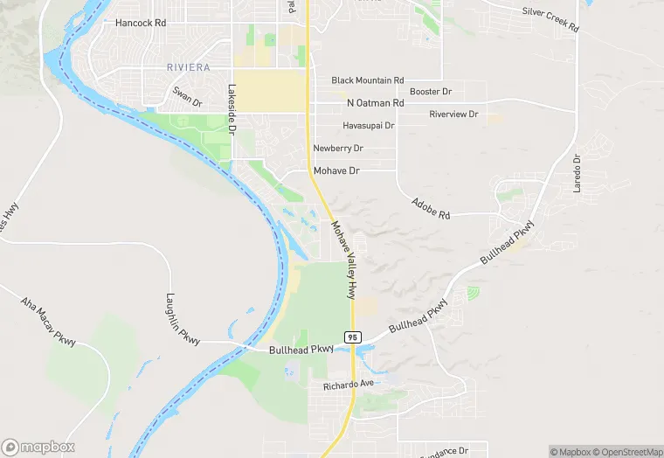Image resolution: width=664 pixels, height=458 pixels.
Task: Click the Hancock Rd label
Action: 140,23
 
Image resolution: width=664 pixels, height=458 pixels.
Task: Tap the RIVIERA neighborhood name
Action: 188,66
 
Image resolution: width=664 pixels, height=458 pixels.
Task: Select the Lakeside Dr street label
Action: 232,108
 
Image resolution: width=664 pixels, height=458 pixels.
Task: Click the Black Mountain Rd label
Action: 367,80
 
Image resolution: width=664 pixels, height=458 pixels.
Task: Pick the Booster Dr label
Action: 430,92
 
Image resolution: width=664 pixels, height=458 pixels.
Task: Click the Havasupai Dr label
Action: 368,126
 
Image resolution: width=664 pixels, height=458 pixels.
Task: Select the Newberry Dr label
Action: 338,149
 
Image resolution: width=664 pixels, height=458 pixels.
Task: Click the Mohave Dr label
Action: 336,171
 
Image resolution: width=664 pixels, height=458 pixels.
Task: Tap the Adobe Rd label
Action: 431,208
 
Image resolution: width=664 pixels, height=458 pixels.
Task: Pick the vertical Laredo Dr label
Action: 578,175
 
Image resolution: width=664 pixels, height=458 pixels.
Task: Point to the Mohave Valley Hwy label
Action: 344,260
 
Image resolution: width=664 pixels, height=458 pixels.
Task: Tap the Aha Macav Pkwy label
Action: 49,320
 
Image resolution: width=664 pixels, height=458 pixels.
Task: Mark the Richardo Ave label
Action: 348,385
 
